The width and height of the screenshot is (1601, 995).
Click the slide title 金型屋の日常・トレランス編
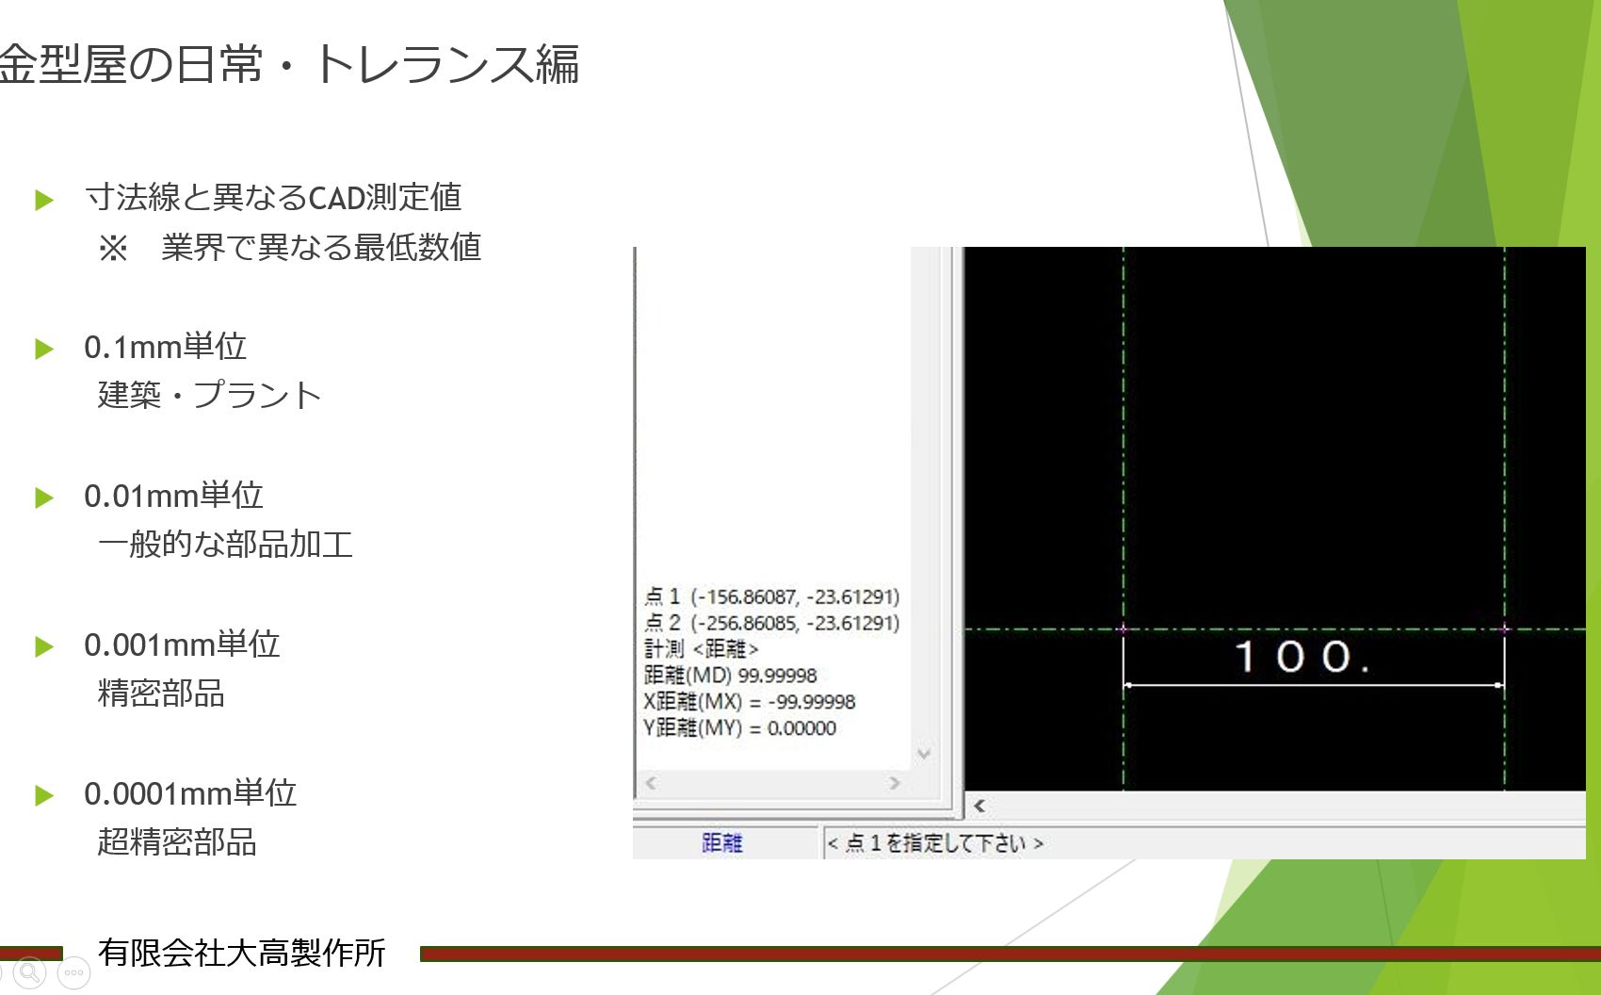point(288,64)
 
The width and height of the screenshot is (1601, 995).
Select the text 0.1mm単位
point(165,347)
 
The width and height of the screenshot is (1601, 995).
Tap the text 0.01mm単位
point(173,496)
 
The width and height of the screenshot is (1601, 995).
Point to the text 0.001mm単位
point(182,644)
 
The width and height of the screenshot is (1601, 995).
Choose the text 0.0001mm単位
point(190,793)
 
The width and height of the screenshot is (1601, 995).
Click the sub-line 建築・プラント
point(209,396)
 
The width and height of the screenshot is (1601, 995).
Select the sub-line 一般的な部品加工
point(225,545)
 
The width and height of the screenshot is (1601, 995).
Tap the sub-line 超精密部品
point(176,842)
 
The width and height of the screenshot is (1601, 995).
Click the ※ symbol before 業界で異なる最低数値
point(113,249)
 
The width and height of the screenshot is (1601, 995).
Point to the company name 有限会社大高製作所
point(242,953)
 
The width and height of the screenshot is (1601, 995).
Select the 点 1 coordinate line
point(772,596)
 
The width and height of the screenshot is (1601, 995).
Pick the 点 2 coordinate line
point(772,623)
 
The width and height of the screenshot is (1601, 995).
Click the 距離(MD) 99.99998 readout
point(730,676)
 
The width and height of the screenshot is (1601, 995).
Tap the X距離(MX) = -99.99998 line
point(749,702)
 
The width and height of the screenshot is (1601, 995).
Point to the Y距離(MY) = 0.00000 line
point(739,728)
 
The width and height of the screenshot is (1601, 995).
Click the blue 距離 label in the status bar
point(722,842)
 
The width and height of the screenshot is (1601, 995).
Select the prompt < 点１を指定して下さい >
point(935,843)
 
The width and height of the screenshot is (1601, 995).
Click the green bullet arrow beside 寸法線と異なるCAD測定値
point(44,200)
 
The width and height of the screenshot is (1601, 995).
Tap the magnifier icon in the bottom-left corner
point(30,972)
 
